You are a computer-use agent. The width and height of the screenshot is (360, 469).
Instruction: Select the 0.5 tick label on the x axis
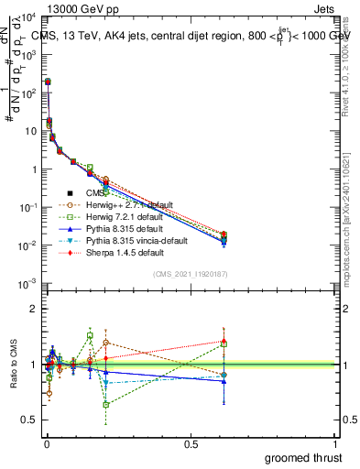click(191, 444)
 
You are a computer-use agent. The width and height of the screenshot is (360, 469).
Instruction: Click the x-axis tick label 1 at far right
click(337, 444)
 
